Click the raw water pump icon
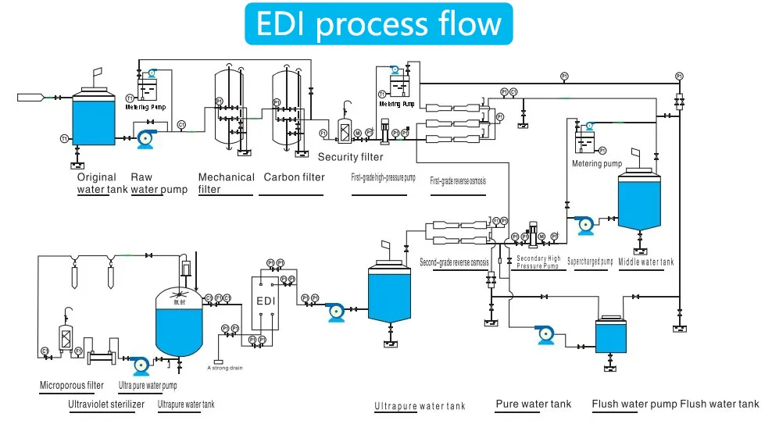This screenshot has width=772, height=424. pos(145,139)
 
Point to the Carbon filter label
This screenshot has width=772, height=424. pos(294,177)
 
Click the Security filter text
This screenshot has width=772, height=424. pos(351,157)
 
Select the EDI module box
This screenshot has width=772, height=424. pos(266,301)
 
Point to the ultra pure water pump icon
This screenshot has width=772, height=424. pos(139,364)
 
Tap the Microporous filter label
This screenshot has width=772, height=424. pos(72,385)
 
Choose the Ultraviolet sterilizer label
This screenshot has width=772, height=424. pos(106,404)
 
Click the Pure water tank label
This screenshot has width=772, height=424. pos(534,404)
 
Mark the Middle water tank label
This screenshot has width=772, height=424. pos(645,262)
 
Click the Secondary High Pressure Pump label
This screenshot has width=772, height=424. pos(538,262)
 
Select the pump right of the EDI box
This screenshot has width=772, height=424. pos(336,311)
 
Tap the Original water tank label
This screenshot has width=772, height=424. pos(102,183)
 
